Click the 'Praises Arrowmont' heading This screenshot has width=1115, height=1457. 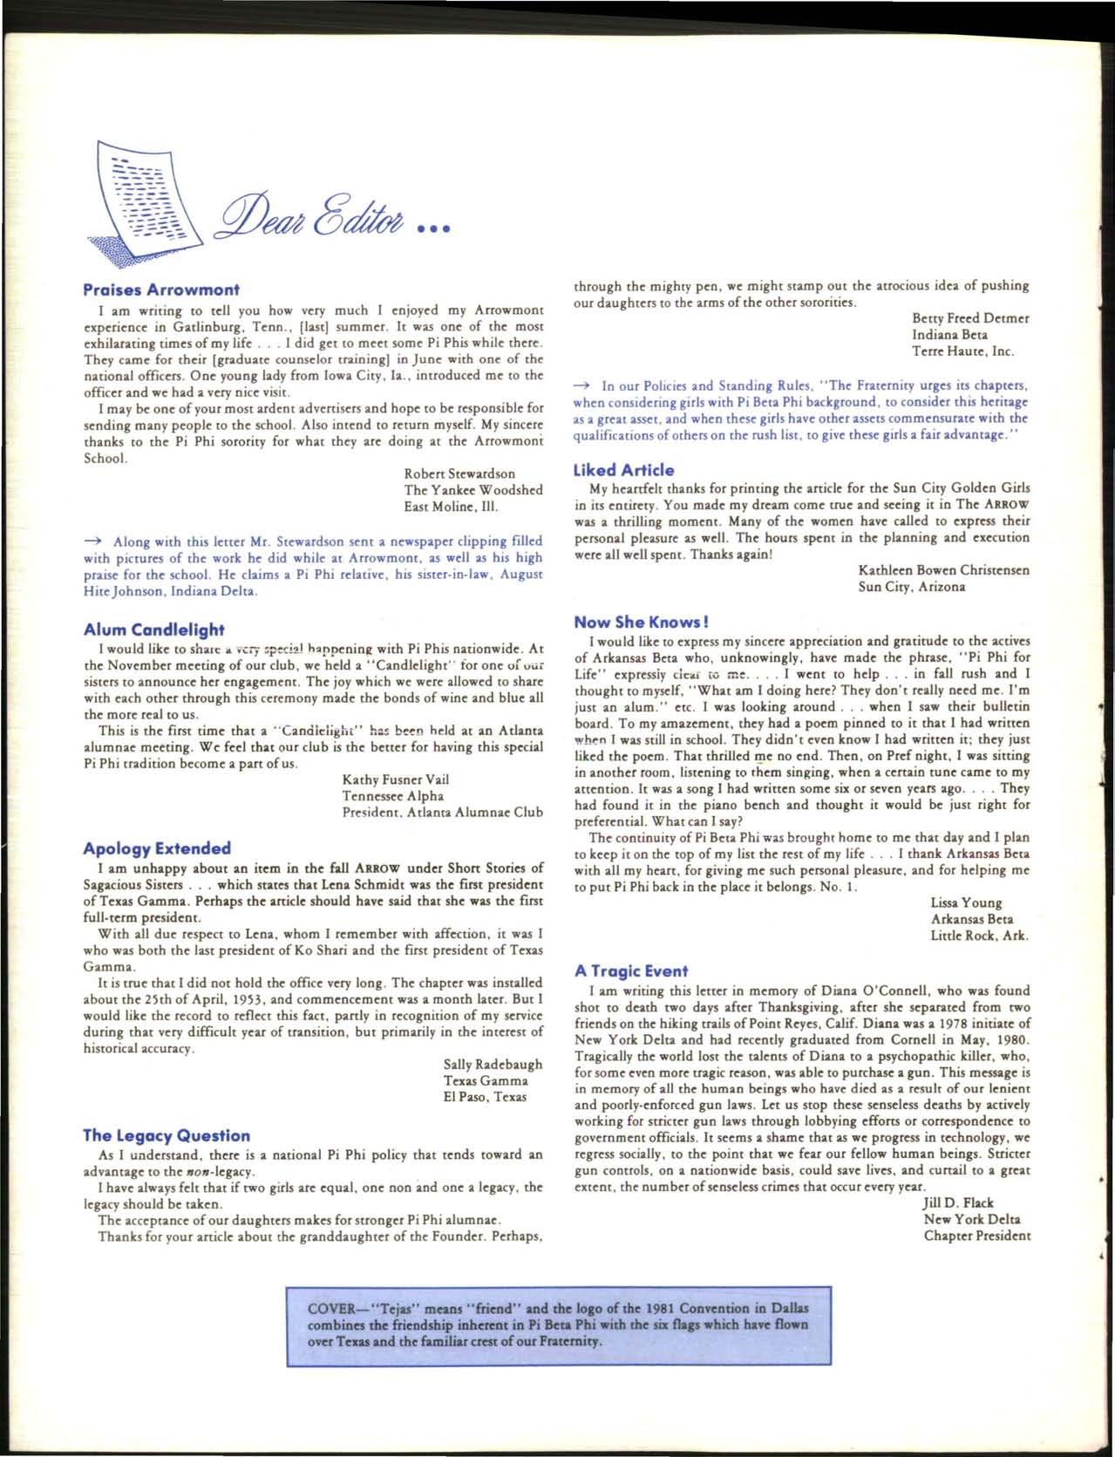point(160,289)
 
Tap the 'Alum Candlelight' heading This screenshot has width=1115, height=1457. point(153,630)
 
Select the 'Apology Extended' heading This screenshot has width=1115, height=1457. point(157,848)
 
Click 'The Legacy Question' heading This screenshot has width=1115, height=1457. point(166,1135)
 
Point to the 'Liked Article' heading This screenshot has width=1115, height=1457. point(623,470)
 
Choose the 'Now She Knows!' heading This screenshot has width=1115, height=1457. point(641,622)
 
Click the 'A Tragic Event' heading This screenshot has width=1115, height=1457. point(631,970)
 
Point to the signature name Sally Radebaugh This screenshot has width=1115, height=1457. point(493,1064)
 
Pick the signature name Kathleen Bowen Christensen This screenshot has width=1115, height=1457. point(943,570)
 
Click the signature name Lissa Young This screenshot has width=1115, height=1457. point(966,902)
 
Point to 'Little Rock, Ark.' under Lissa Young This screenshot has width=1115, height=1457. point(979,936)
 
